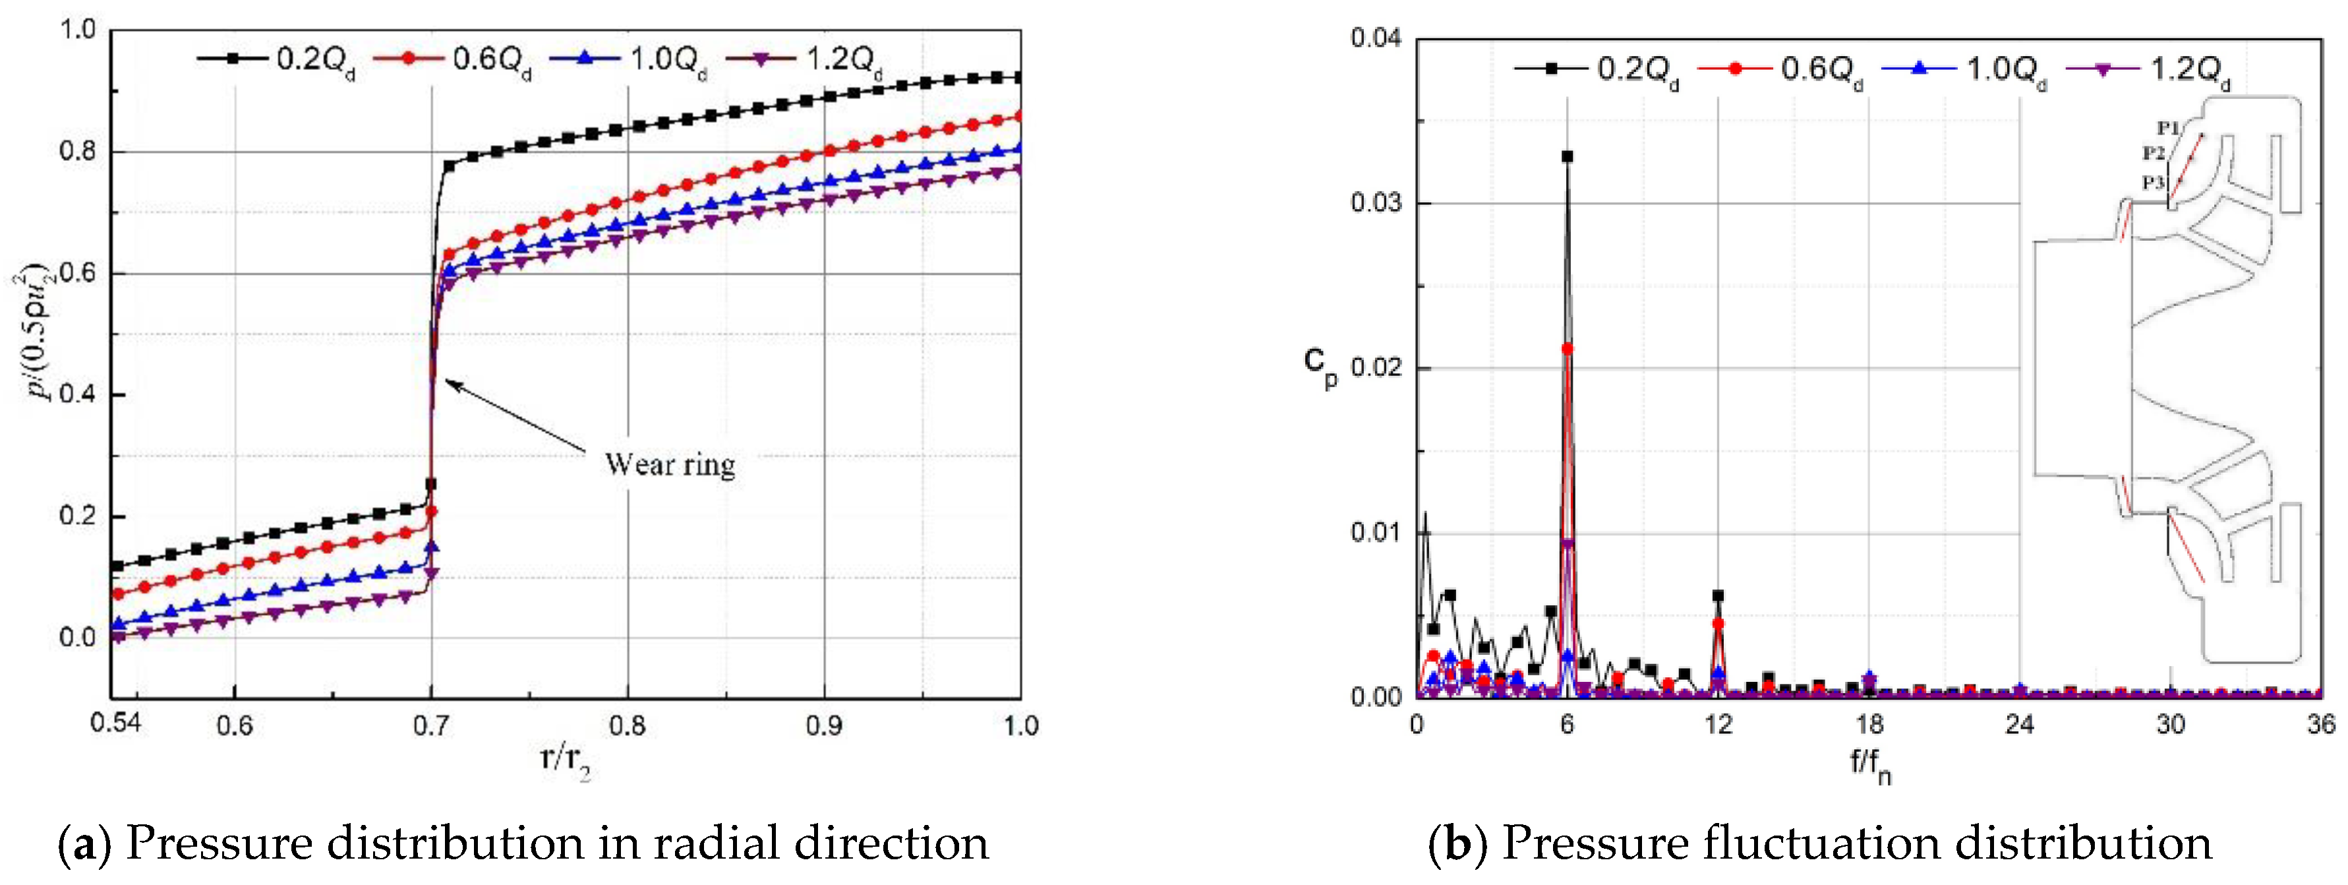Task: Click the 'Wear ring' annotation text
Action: (670, 465)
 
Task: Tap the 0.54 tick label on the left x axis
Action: (116, 723)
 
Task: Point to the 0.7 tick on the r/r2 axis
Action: (431, 725)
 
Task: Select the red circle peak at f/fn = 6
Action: (1567, 348)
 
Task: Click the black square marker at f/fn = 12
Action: (1718, 595)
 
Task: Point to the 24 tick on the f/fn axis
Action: (2020, 725)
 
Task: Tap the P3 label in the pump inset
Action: (2153, 182)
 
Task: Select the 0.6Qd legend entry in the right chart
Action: (1781, 69)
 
